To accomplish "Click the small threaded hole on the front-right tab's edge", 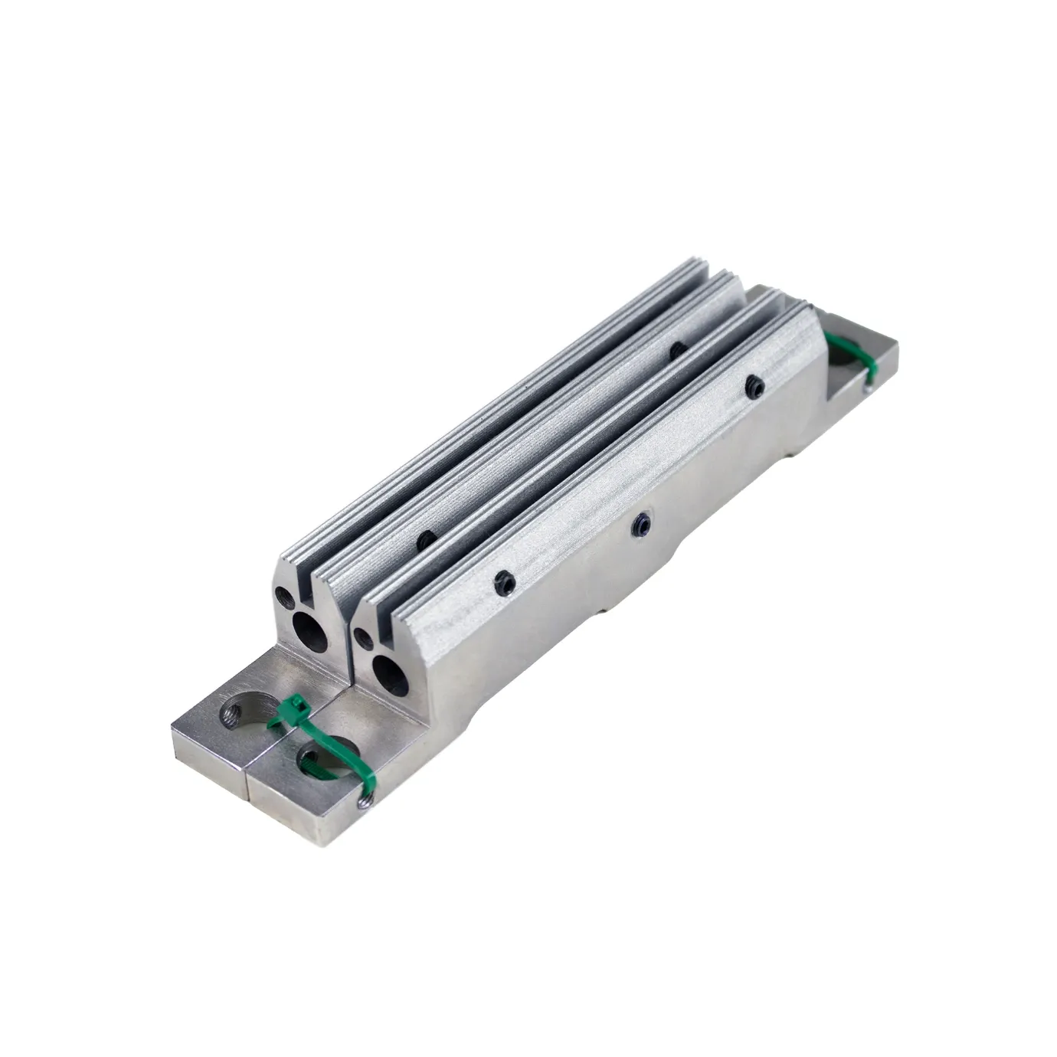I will [x=362, y=800].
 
